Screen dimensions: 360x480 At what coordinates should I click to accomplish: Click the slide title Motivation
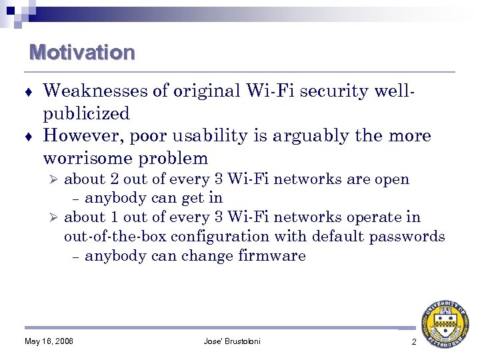click(x=82, y=52)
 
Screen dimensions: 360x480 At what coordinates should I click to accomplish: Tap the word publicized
click(x=86, y=113)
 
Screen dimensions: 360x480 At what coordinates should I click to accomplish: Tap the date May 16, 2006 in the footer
click(x=49, y=341)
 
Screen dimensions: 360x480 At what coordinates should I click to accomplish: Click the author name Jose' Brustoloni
click(x=232, y=341)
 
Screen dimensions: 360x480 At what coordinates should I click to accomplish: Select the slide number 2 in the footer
click(x=413, y=341)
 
